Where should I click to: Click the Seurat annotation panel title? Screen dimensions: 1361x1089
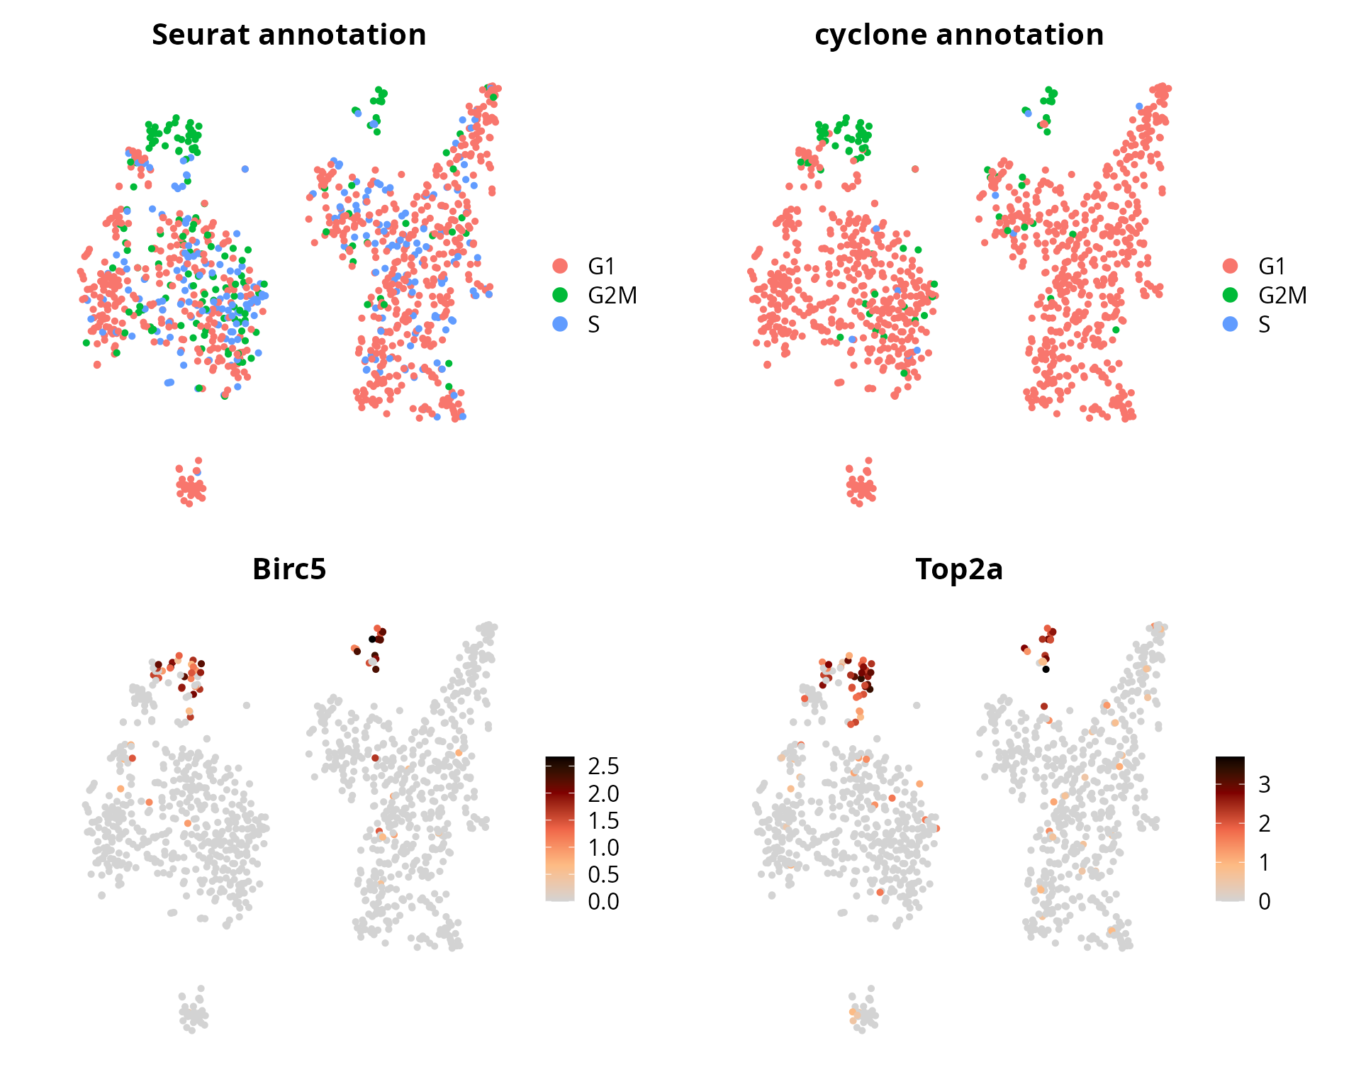click(x=289, y=35)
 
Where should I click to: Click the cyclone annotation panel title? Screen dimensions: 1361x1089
click(x=959, y=35)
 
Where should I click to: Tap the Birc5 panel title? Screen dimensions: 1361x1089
click(x=289, y=569)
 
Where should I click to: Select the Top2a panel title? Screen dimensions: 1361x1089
click(x=959, y=569)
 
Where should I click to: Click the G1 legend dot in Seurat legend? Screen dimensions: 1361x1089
click(x=560, y=266)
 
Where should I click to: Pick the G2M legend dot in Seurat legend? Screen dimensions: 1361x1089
click(x=560, y=295)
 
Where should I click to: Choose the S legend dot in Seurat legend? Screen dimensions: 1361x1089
click(x=560, y=324)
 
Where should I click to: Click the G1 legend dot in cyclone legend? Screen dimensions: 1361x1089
click(x=1231, y=266)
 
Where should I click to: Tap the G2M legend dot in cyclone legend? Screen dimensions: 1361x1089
click(x=1231, y=295)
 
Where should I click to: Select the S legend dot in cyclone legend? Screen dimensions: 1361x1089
click(x=1231, y=324)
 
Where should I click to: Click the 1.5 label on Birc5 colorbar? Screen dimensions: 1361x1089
click(x=603, y=820)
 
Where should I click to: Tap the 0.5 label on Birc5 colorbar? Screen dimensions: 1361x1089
click(x=603, y=874)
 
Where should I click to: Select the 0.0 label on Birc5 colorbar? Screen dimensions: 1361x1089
click(x=603, y=901)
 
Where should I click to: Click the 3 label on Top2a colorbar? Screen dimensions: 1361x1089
click(x=1264, y=784)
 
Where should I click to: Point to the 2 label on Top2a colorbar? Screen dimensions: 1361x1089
click(x=1264, y=823)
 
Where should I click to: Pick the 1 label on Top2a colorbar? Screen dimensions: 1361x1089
click(x=1264, y=862)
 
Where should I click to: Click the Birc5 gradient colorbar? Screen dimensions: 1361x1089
click(x=560, y=829)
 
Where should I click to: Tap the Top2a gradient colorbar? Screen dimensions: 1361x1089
click(x=1230, y=829)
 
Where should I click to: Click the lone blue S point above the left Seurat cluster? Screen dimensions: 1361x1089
click(x=245, y=169)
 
